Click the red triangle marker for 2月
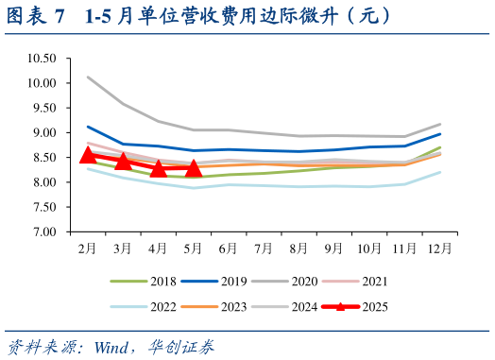[88, 156]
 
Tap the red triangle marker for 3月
[123, 163]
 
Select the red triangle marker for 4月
[158, 168]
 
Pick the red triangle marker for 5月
[193, 168]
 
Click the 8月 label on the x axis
[298, 248]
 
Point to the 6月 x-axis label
[228, 248]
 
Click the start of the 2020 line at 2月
[88, 77]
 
